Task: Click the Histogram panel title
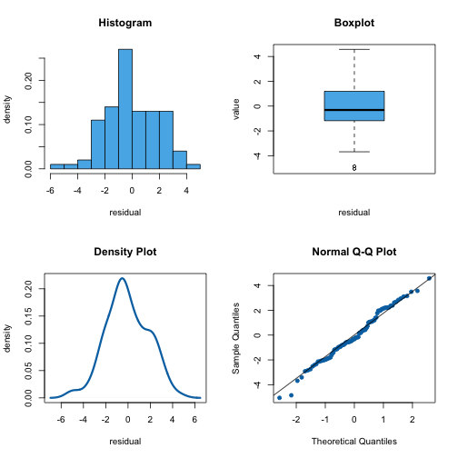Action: [124, 23]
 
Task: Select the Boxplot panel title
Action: [353, 23]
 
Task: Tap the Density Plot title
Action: [124, 252]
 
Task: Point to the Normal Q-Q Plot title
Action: [353, 252]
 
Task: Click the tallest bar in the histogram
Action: [124, 109]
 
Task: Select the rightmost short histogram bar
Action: [194, 166]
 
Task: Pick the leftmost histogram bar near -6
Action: [56, 166]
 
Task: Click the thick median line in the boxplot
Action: [353, 110]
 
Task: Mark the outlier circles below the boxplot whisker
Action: [353, 167]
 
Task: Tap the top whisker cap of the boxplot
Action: [353, 49]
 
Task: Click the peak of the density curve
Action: [123, 278]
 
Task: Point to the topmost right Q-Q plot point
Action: [429, 278]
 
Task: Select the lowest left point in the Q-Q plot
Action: [279, 398]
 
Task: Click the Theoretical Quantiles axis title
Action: [353, 442]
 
